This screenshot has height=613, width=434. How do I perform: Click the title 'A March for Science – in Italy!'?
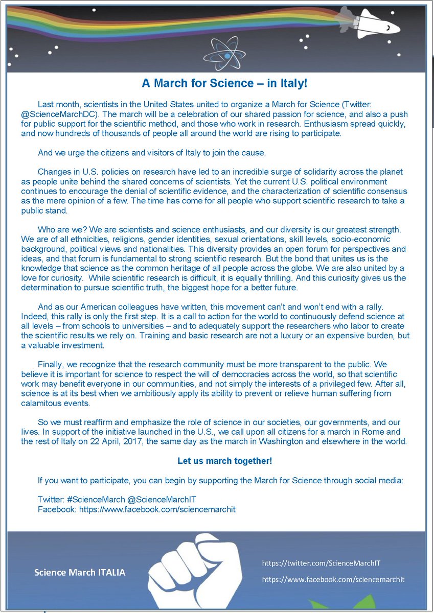pos(224,83)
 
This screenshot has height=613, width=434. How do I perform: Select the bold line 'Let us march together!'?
pos(224,461)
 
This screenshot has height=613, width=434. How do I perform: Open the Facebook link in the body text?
pos(157,509)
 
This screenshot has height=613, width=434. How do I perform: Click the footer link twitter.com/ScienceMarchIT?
pos(322,563)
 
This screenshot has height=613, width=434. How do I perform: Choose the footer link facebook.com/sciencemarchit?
pos(333,579)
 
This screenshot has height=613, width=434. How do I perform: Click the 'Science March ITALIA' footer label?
pos(79,572)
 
